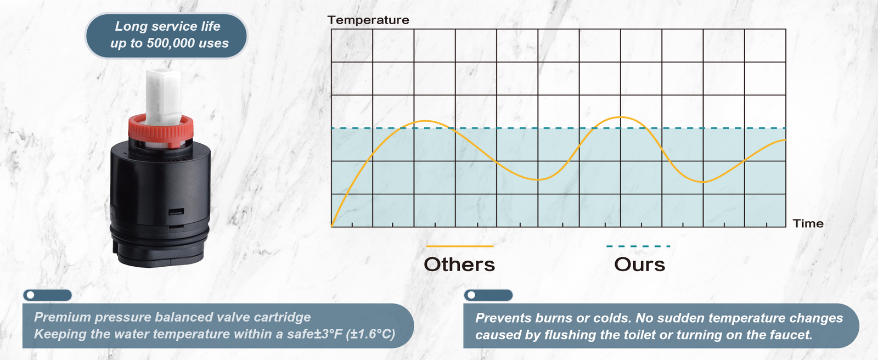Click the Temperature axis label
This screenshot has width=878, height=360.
pyautogui.click(x=368, y=20)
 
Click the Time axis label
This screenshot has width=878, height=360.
pyautogui.click(x=808, y=223)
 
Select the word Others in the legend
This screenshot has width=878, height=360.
pyautogui.click(x=459, y=265)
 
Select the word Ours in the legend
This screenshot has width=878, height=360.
pyautogui.click(x=639, y=265)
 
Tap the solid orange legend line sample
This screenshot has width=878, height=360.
pyautogui.click(x=459, y=246)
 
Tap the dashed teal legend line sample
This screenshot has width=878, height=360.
pyautogui.click(x=638, y=246)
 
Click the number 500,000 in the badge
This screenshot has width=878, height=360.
pyautogui.click(x=171, y=43)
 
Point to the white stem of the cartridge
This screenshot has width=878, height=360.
pyautogui.click(x=163, y=96)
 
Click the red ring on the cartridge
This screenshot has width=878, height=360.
pyautogui.click(x=161, y=131)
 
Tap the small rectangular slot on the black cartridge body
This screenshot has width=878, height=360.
pyautogui.click(x=176, y=212)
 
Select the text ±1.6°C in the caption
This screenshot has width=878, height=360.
pyautogui.click(x=370, y=334)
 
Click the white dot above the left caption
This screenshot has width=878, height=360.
pyautogui.click(x=31, y=295)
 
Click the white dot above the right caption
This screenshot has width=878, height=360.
pyautogui.click(x=471, y=295)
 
